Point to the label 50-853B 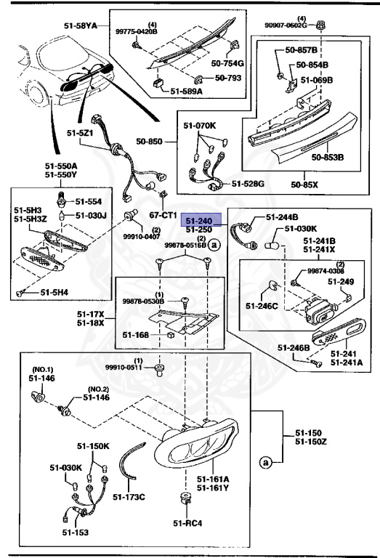coord(328,155)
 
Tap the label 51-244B coord(282,217)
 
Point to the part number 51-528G coord(248,184)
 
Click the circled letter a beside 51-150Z coord(267,462)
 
